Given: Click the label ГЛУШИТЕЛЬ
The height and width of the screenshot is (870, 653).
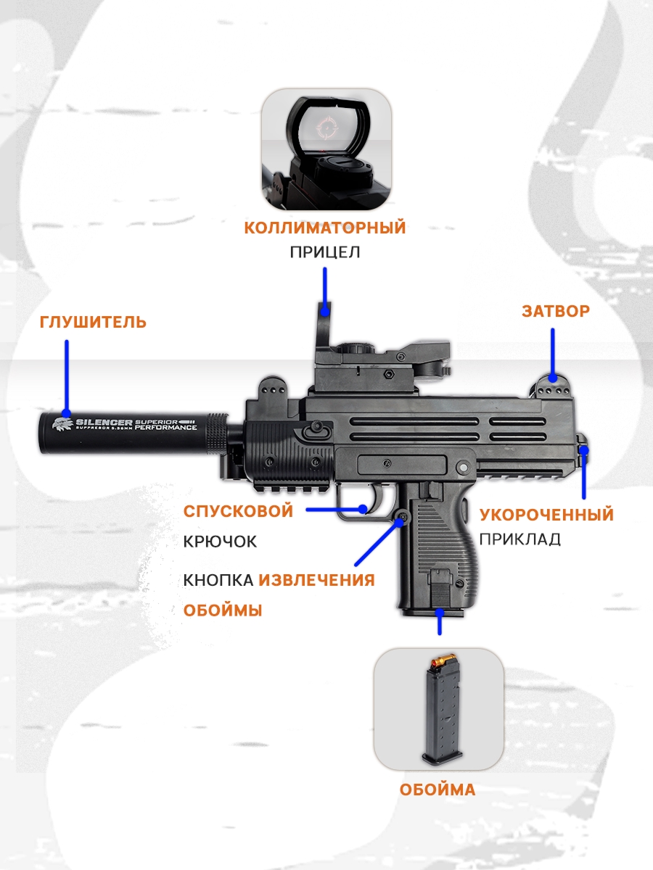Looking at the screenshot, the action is (x=93, y=322).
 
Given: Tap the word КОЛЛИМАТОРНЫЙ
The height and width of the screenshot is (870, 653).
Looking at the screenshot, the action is (x=325, y=228).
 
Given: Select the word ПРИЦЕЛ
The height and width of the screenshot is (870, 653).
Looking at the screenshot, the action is (x=325, y=252).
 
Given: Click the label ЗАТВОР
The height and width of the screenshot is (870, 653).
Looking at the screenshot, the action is (x=556, y=311).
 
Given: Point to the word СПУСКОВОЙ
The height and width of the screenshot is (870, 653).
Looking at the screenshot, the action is (x=238, y=511).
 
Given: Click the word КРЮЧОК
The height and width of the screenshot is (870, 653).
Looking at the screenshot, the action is (x=220, y=541).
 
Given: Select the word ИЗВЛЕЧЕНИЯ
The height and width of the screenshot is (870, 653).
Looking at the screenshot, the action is (x=316, y=580).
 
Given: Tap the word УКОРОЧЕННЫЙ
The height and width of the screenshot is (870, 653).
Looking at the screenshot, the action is (x=546, y=515).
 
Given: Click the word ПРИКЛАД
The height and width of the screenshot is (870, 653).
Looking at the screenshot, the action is (x=519, y=539).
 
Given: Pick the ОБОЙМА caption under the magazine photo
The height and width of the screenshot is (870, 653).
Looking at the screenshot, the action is (x=437, y=790).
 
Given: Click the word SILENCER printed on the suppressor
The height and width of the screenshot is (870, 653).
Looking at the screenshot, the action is (x=98, y=423).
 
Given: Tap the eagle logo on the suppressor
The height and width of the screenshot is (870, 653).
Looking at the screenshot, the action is (x=62, y=423).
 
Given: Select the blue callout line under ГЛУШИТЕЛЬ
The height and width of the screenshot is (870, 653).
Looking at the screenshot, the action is (x=67, y=376).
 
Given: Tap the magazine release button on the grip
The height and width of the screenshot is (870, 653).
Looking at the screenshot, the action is (x=403, y=516).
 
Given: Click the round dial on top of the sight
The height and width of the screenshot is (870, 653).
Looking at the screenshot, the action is (x=356, y=349).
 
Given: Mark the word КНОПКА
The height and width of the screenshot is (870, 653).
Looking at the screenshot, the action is (x=218, y=580).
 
